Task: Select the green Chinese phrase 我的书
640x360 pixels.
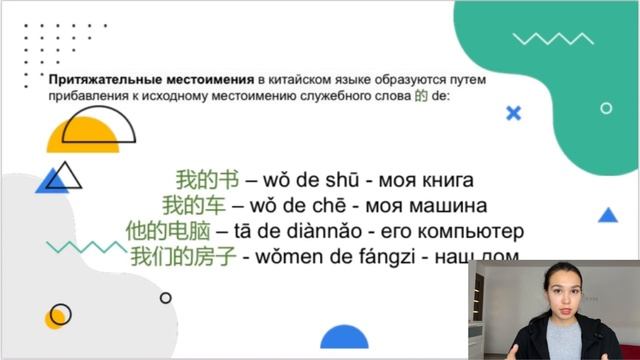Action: [193, 182]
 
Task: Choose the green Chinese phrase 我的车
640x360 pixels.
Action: [193, 207]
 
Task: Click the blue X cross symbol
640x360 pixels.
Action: [514, 113]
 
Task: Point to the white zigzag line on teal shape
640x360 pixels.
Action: [539, 39]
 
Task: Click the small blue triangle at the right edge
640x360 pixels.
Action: [608, 215]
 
